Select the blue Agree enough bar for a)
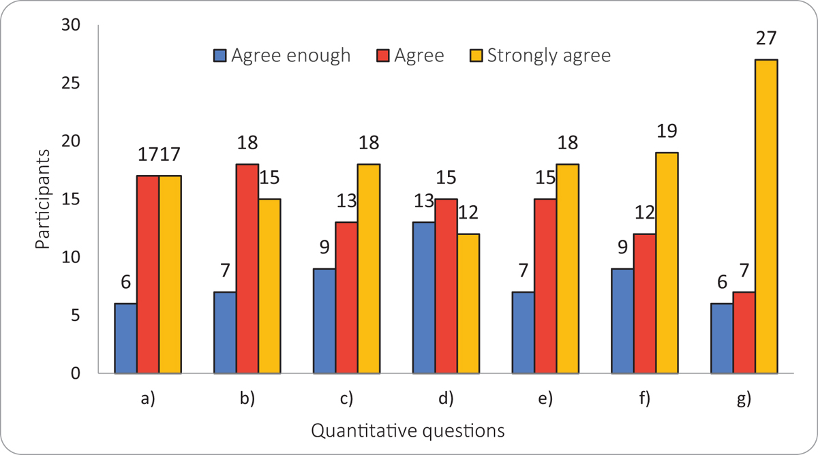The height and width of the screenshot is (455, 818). coord(125,339)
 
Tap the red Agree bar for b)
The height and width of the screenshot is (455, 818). coord(247,269)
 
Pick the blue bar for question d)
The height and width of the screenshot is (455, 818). coord(424,298)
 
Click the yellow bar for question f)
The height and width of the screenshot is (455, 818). coord(666,263)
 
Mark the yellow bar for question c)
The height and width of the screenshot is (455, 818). coord(368,269)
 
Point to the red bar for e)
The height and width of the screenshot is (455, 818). coord(545,286)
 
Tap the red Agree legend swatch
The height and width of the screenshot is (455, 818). coord(384,56)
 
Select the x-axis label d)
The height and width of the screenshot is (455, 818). coord(446,400)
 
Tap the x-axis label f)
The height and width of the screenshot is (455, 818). coord(644,400)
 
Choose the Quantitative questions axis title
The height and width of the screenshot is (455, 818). coord(408,430)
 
